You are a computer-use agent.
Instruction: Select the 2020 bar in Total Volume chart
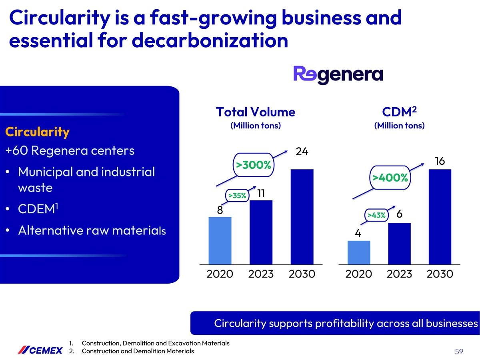[x=220, y=240]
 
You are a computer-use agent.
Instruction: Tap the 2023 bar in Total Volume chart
[x=261, y=232]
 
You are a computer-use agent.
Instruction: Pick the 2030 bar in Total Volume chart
[x=302, y=216]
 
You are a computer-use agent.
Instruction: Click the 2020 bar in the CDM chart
[x=359, y=252]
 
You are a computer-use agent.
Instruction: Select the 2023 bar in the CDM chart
[x=400, y=243]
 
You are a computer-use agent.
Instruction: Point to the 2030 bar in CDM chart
[x=440, y=216]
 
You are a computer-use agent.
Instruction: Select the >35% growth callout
[x=237, y=195]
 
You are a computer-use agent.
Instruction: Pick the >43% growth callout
[x=376, y=215]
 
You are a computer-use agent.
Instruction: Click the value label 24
[x=302, y=152]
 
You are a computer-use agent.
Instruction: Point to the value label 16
[x=440, y=161]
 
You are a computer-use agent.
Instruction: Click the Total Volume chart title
[x=255, y=112]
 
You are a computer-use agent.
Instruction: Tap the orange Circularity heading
[x=37, y=132]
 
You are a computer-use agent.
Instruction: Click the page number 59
[x=459, y=352]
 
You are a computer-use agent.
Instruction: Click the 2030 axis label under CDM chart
[x=440, y=274]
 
